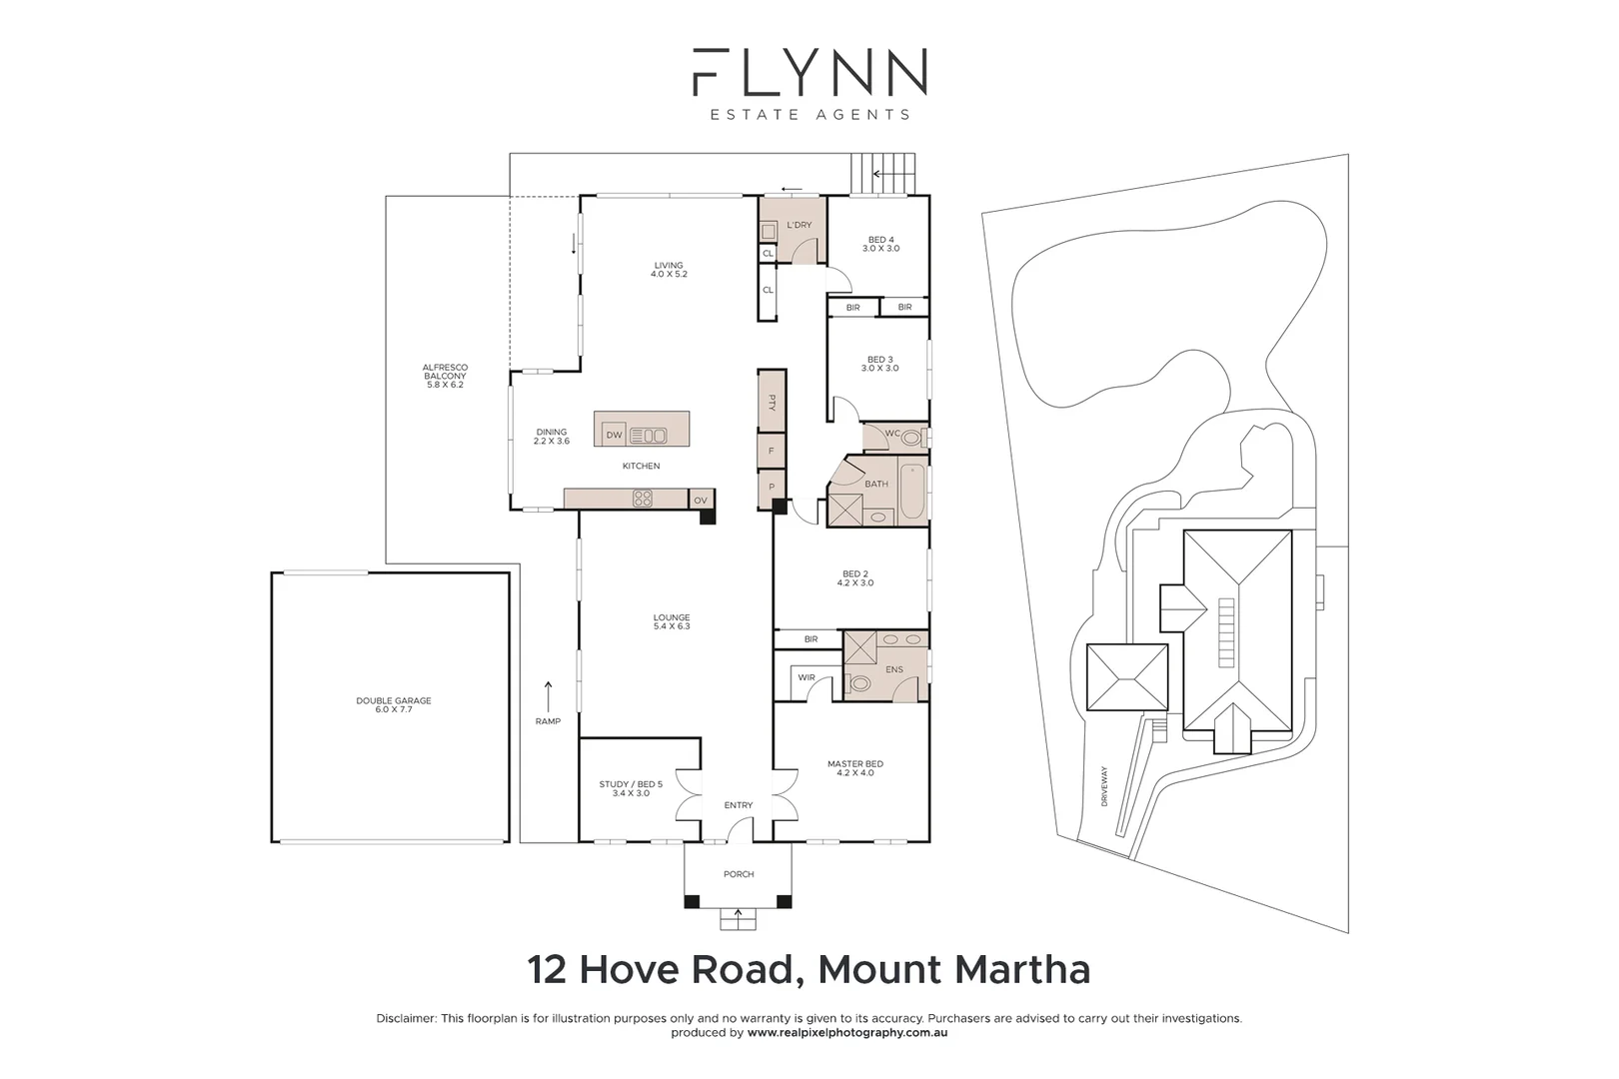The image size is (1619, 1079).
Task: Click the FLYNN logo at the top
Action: coord(809,72)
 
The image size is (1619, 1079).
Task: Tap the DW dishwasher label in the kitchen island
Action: coord(614,435)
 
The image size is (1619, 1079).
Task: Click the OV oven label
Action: coord(700,501)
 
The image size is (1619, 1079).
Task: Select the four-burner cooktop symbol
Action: coord(642,498)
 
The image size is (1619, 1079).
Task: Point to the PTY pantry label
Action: coord(772,403)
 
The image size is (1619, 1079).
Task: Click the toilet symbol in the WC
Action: coord(913,437)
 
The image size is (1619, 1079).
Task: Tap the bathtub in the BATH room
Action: coord(913,492)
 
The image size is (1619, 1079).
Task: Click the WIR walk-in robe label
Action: coord(806,678)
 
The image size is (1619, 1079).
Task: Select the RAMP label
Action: coord(548,721)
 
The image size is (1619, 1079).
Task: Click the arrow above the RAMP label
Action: coord(548,696)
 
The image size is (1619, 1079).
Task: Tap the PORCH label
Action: coord(739,874)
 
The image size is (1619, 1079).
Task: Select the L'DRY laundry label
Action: coord(800,225)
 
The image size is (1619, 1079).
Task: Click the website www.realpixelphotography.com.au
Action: coord(847,1033)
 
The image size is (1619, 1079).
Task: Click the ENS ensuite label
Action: coord(894,669)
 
